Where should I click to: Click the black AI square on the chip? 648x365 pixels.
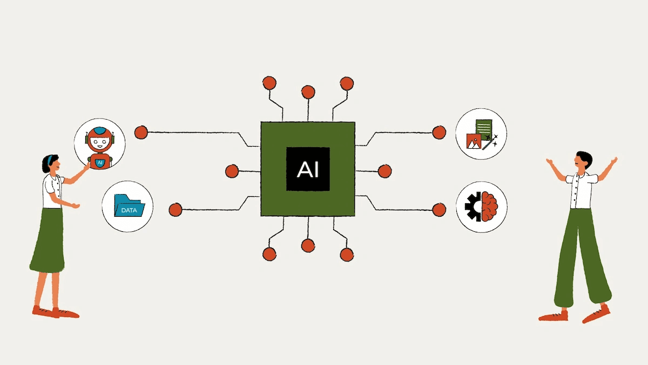[308, 169]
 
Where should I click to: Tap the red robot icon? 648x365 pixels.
[99, 146]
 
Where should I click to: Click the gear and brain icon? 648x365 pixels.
[482, 206]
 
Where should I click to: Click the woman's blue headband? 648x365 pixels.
[50, 160]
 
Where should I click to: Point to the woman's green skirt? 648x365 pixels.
[48, 240]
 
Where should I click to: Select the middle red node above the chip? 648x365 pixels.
[308, 92]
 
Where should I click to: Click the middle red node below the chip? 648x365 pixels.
[308, 245]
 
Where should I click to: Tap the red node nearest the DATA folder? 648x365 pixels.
[175, 210]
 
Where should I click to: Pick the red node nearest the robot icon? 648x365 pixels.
[141, 132]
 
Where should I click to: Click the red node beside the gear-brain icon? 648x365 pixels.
[439, 209]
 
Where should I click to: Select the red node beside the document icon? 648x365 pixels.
[439, 132]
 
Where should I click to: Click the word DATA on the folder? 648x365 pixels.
[129, 210]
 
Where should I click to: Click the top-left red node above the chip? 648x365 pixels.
[269, 83]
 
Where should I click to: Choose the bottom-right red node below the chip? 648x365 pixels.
[347, 254]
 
